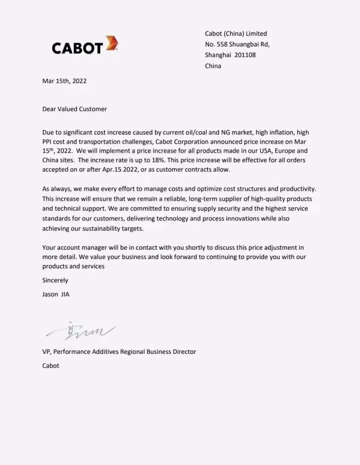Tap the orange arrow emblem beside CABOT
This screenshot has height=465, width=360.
pyautogui.click(x=111, y=43)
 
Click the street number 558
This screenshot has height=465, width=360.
pyautogui.click(x=222, y=44)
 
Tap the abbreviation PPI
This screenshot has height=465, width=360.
pyautogui.click(x=48, y=141)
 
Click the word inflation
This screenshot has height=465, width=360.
pyautogui.click(x=276, y=132)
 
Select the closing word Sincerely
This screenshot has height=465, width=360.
pyautogui.click(x=55, y=280)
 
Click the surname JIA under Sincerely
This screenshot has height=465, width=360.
pyautogui.click(x=65, y=294)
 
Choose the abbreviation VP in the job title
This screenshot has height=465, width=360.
pyautogui.click(x=46, y=352)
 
